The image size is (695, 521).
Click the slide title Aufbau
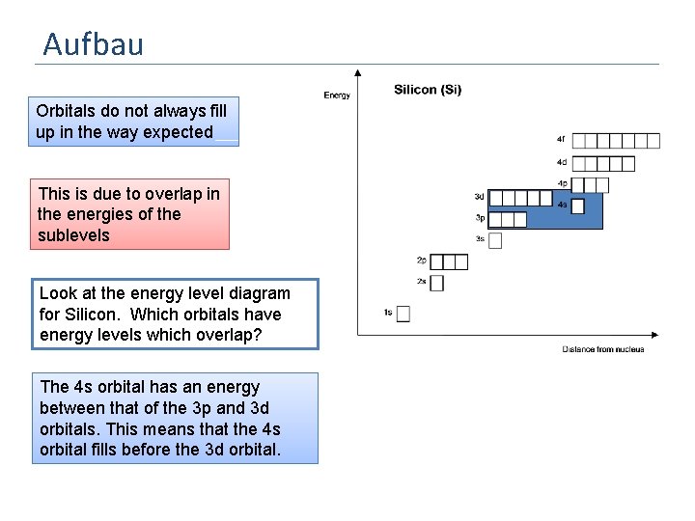point(94,43)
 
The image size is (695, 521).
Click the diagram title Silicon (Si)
point(427,90)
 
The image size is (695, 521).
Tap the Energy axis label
point(337,95)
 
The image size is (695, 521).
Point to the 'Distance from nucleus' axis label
point(602,348)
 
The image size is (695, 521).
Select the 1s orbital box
point(403,314)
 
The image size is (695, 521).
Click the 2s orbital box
point(436,283)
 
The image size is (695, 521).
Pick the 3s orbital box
point(495,240)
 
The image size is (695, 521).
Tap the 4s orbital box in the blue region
point(577,205)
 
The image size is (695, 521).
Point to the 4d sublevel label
point(561,162)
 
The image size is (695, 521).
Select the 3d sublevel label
point(479,197)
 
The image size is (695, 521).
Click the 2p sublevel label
point(421,260)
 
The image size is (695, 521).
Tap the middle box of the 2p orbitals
point(449,261)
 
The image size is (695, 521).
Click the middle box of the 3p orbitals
point(508,220)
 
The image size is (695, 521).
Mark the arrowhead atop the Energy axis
point(358,72)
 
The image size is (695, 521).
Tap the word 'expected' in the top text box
point(178,132)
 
